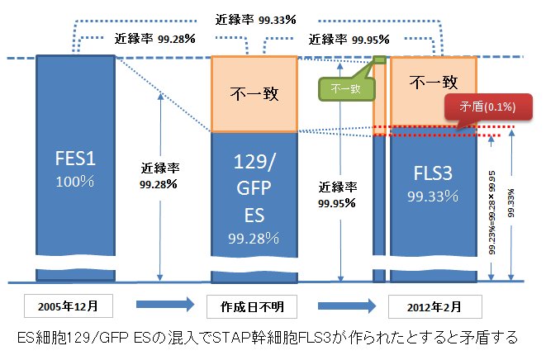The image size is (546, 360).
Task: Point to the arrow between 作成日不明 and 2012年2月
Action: (344, 306)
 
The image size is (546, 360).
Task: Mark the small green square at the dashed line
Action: (380, 59)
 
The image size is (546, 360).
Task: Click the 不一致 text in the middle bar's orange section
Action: (253, 92)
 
